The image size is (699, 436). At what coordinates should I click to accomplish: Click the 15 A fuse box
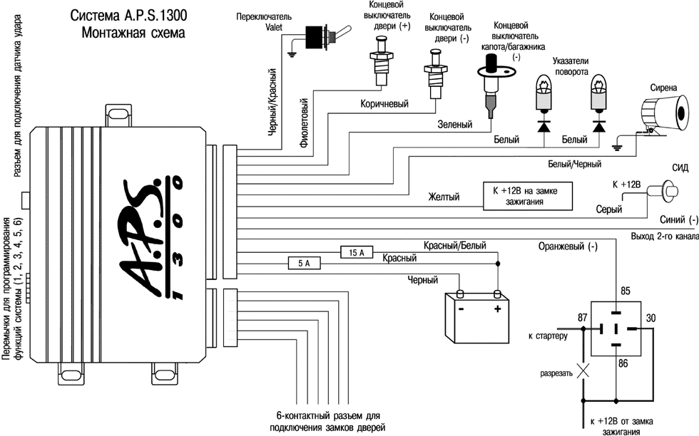coord(357,252)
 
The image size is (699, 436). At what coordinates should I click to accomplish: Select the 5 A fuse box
coord(303,263)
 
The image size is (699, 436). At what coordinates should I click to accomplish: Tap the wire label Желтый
coord(444,196)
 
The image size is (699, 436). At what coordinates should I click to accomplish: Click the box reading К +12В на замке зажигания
coord(527,195)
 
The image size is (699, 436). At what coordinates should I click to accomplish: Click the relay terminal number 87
coord(583,317)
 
